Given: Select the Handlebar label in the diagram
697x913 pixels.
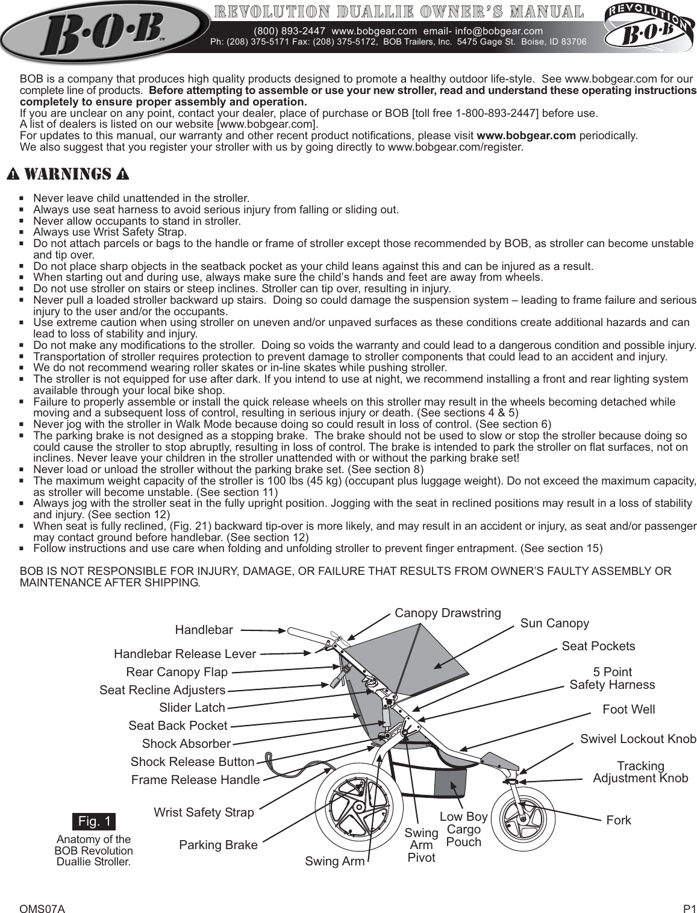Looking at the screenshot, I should click(204, 630).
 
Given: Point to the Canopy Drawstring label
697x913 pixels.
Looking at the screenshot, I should click(448, 613).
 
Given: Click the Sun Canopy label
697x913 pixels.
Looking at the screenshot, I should click(554, 623).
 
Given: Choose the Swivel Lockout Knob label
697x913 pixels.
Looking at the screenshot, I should click(637, 739).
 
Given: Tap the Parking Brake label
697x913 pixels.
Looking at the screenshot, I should click(218, 845).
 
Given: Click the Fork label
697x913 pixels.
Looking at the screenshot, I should click(619, 820).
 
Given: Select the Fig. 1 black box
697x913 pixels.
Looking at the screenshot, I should click(93, 821).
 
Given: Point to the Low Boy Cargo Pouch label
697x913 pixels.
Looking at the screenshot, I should click(463, 829).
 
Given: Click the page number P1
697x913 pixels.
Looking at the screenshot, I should click(689, 892).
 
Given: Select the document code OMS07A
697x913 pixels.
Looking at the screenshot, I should click(42, 892).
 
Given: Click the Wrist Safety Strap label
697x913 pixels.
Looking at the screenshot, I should click(204, 812).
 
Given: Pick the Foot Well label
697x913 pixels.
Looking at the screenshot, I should click(628, 709).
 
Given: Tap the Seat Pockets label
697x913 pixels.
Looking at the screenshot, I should click(598, 646).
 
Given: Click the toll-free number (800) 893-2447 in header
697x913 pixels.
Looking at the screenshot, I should click(290, 31).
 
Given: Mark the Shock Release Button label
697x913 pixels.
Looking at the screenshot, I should click(192, 762).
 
